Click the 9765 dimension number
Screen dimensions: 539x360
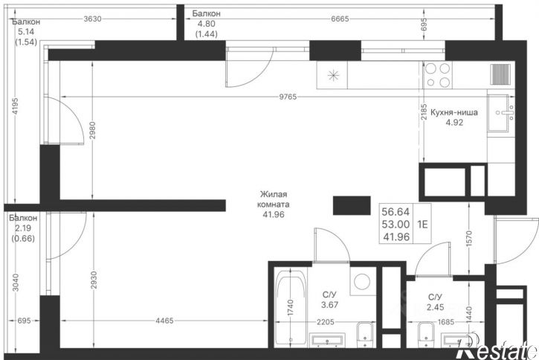click(288, 97)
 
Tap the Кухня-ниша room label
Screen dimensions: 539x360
click(454, 118)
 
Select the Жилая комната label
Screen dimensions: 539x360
click(274, 205)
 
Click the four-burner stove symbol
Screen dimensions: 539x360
click(437, 75)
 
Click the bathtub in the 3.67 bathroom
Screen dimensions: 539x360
click(291, 308)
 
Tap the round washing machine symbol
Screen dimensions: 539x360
click(361, 281)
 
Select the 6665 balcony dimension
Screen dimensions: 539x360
click(340, 19)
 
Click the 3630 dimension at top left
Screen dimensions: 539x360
click(92, 19)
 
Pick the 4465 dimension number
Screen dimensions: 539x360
click(164, 321)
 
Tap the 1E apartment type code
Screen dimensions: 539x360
click(422, 224)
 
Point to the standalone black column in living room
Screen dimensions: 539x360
click(352, 205)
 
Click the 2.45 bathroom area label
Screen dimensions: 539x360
click(435, 307)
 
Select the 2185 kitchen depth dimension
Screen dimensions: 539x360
click(425, 112)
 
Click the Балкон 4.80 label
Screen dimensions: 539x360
click(206, 24)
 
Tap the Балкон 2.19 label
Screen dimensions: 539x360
click(23, 228)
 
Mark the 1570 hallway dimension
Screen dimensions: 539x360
click(470, 238)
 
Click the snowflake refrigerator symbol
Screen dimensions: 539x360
click(333, 75)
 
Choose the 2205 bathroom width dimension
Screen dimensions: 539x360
click(325, 322)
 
